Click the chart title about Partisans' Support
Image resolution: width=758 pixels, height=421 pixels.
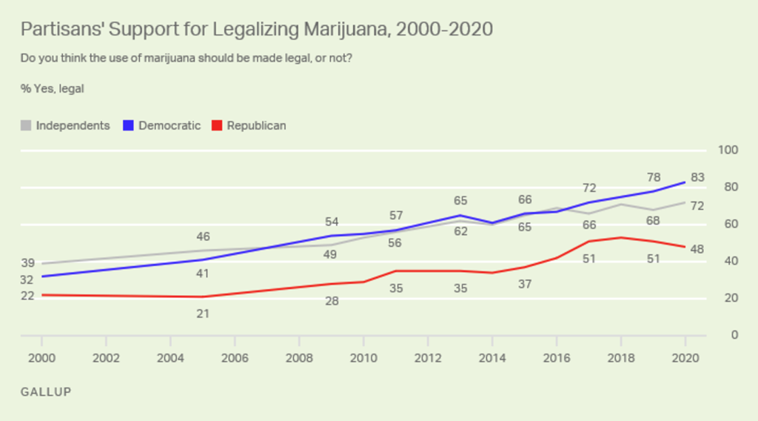coord(256,30)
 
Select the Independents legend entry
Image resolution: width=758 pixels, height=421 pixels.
coord(66,125)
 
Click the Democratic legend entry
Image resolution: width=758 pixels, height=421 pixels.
coord(162,125)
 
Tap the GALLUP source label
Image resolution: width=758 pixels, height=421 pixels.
coord(46,391)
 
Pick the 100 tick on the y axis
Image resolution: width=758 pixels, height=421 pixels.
coord(729,150)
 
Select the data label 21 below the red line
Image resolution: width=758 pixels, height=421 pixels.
coord(203,314)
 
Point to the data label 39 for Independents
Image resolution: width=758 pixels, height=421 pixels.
coord(27,264)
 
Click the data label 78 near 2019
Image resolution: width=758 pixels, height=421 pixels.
coord(654,178)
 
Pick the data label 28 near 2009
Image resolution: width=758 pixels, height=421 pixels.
coord(332,300)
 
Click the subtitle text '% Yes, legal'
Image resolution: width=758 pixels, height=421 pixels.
coord(53,88)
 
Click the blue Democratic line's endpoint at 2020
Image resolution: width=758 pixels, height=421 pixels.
coord(685,182)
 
